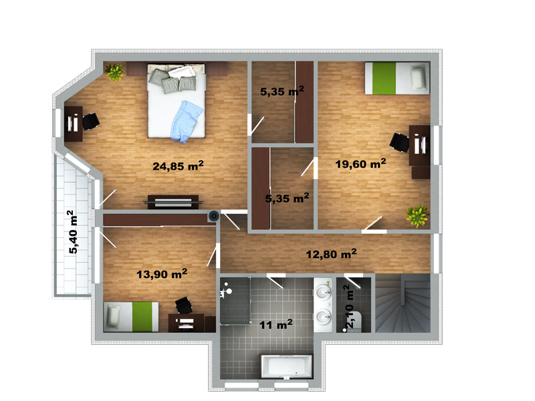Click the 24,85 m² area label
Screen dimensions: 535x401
(x=178, y=166)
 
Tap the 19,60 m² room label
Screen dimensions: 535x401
(x=360, y=163)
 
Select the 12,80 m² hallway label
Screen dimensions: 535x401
(x=331, y=254)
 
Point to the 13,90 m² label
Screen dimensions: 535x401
(x=162, y=273)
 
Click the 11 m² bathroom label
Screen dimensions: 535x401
(x=276, y=324)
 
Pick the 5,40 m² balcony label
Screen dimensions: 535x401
(x=73, y=232)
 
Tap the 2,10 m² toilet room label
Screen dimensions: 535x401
(x=351, y=307)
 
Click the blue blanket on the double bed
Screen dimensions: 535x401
(x=187, y=122)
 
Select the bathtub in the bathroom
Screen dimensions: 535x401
(x=287, y=366)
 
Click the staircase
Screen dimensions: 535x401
(x=403, y=303)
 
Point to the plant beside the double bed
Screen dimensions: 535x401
(x=114, y=72)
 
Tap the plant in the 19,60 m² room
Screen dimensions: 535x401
(x=417, y=216)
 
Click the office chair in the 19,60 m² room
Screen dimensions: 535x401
(x=399, y=142)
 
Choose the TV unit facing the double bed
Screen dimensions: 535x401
(x=173, y=203)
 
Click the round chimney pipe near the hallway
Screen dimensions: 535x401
(x=214, y=215)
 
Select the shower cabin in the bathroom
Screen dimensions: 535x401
(x=235, y=301)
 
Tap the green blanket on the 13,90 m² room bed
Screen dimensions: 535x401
(x=142, y=316)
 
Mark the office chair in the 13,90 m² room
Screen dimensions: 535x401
(x=183, y=305)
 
